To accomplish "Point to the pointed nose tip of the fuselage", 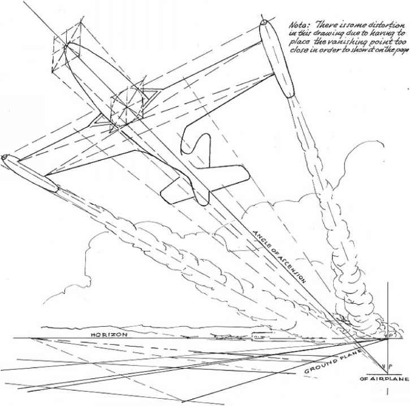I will pos(67,45).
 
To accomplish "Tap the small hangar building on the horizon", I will pos(258,338).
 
